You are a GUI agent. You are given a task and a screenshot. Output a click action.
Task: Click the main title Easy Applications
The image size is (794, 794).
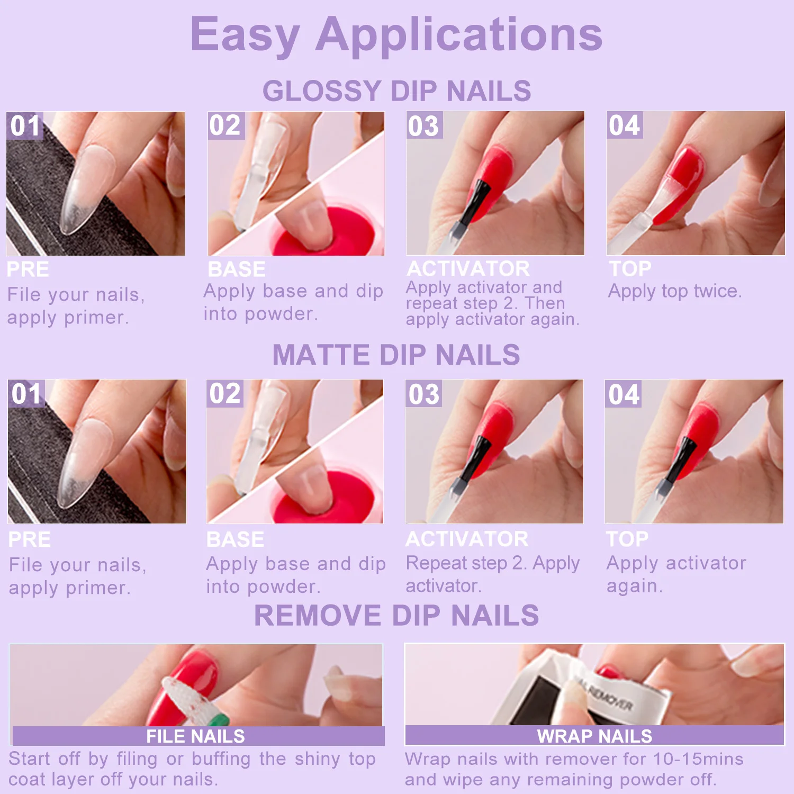pos(396,34)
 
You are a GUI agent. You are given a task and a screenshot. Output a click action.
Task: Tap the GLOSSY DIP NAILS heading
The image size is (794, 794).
pos(396,91)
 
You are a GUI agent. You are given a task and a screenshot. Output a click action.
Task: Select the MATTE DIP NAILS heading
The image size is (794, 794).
pos(396,355)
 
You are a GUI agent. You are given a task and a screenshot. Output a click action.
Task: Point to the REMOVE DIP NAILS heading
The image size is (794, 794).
pos(396,616)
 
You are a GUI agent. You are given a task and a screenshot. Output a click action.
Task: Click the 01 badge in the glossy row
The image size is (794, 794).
pos(25,126)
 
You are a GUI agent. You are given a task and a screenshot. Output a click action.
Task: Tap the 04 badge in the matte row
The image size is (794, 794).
pos(624,394)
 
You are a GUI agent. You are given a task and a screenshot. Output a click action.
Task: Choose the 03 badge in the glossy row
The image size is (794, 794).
pos(424,126)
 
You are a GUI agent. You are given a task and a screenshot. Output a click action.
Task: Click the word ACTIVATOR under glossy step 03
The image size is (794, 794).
pos(468,269)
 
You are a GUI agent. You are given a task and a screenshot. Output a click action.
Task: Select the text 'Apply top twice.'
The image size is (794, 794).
pos(675,291)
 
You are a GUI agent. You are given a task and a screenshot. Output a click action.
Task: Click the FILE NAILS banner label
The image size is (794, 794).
pos(195,736)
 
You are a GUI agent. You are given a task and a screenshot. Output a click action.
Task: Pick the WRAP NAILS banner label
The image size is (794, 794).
pos(594,736)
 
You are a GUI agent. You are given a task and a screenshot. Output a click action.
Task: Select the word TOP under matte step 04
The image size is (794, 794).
pos(627,539)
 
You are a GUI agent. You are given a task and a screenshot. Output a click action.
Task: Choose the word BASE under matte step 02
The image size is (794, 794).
pos(235,540)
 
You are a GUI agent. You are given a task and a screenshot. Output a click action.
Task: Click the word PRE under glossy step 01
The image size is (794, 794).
pos(28,269)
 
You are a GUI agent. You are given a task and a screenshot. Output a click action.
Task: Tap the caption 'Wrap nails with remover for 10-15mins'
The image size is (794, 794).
pos(574,759)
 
